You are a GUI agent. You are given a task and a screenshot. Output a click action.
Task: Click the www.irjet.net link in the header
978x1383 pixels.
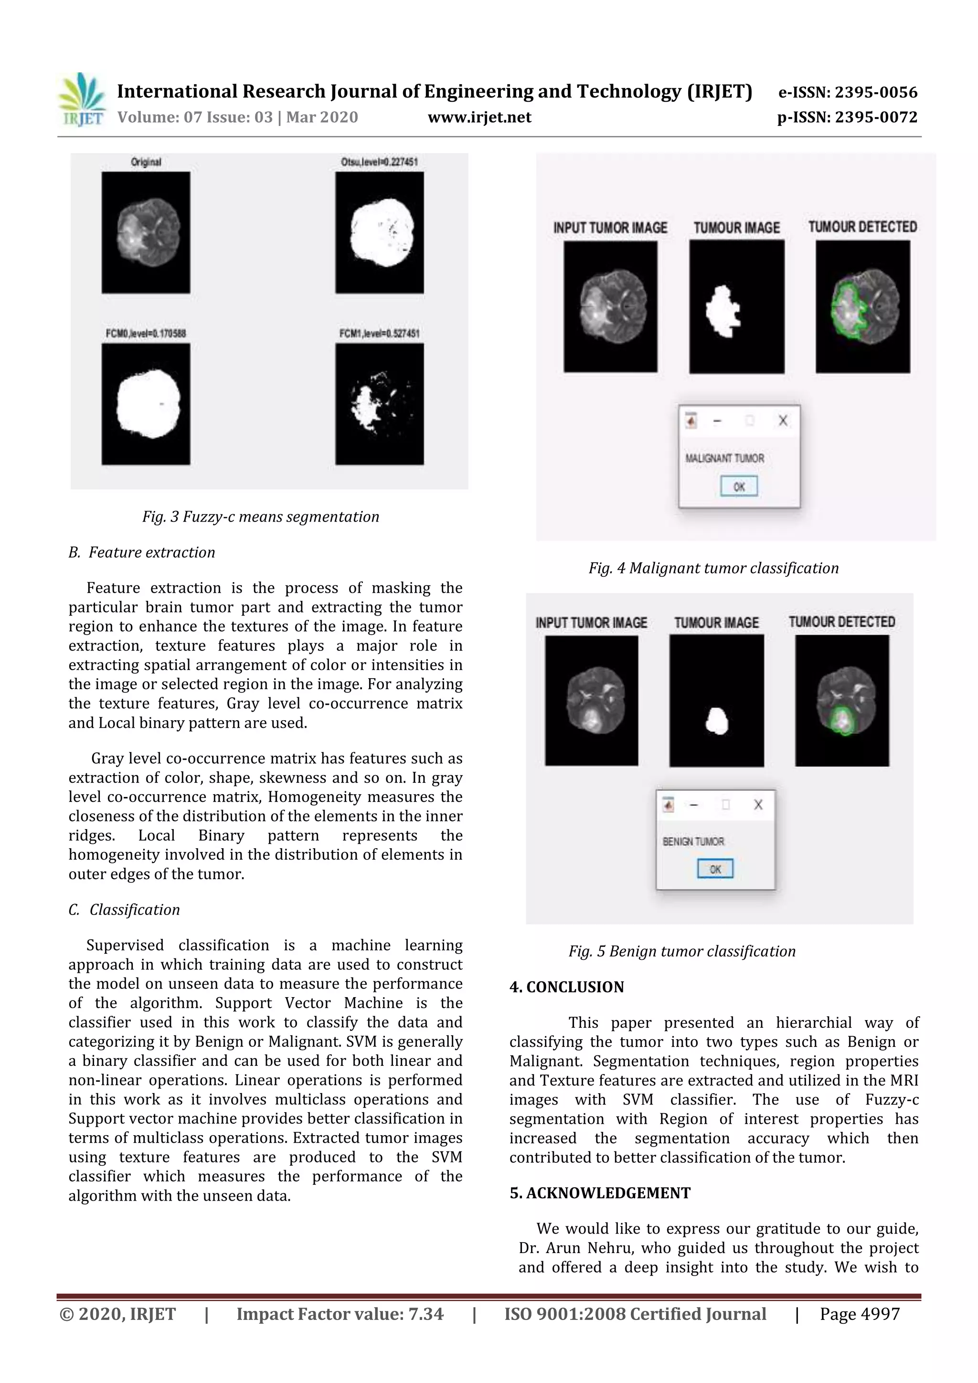coord(479,117)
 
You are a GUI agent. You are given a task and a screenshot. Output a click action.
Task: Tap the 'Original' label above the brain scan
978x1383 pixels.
coord(146,161)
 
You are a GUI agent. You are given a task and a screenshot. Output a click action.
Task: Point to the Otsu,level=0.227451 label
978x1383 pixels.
coord(379,161)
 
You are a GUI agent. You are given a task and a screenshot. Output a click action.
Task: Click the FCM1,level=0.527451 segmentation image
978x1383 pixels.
coord(379,404)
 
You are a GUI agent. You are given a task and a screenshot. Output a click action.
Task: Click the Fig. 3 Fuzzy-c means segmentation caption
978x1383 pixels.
coord(261,517)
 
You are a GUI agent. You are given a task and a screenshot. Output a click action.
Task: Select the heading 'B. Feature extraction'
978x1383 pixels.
coord(142,553)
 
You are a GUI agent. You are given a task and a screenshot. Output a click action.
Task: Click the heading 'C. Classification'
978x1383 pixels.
coord(125,910)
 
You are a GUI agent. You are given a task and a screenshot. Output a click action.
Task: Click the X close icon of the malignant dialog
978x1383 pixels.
coord(782,420)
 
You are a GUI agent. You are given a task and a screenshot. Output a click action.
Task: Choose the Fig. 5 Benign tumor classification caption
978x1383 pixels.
coord(682,951)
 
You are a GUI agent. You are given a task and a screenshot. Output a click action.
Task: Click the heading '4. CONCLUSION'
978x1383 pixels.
coord(567,987)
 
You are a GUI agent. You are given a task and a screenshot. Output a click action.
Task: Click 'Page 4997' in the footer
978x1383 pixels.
coord(860,1314)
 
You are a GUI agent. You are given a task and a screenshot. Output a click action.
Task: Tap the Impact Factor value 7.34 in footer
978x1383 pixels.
coord(426,1314)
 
